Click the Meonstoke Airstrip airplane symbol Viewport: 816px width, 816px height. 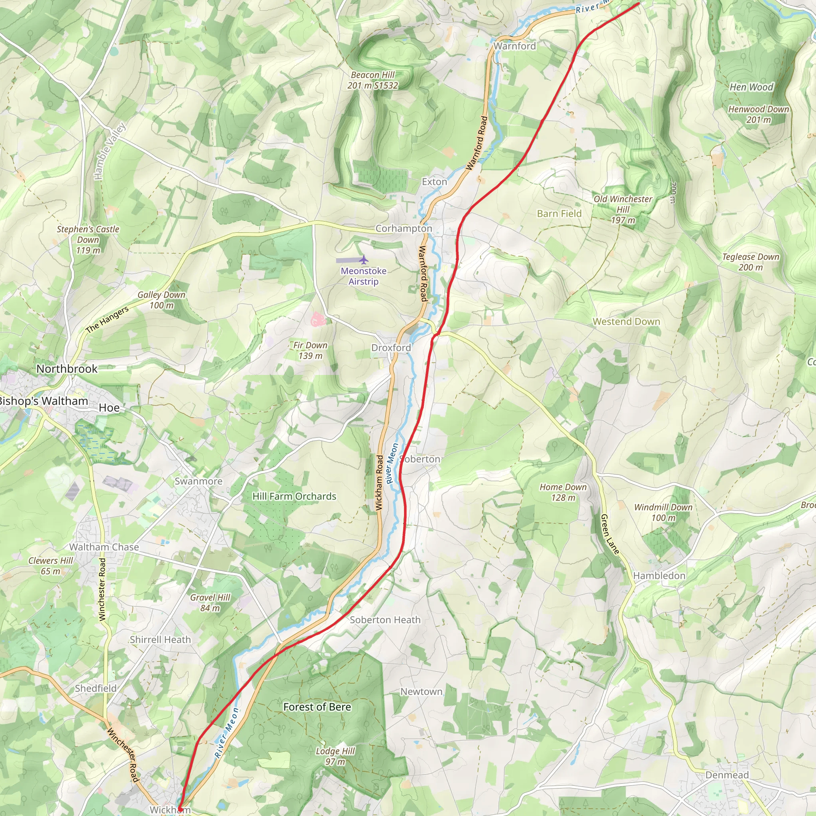364,259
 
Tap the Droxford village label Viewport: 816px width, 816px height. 391,347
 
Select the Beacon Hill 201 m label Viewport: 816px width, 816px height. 373,80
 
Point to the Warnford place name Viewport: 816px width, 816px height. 514,46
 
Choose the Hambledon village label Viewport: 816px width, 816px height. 659,576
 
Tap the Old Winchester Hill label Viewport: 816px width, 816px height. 623,209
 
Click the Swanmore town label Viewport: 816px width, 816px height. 198,481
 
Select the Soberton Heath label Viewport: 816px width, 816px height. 385,620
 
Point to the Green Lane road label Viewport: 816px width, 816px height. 610,534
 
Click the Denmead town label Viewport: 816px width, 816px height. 726,775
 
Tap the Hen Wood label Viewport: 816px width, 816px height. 751,87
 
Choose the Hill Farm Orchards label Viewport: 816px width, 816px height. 294,496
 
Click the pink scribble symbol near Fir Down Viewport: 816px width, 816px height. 317,319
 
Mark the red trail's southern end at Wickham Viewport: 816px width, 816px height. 179,808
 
